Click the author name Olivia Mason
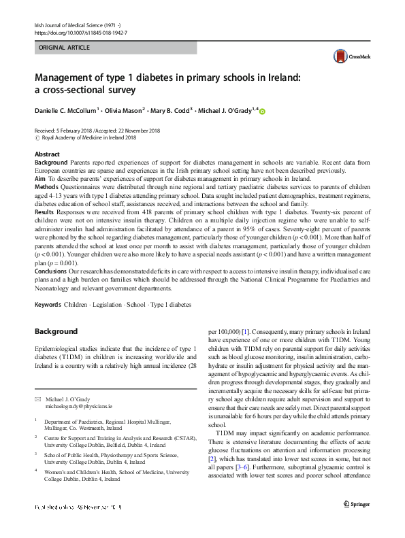pos(127,110)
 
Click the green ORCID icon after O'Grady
pos(261,110)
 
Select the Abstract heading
pos(47,155)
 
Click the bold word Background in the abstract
pos(51,163)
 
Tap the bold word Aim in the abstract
pos(41,178)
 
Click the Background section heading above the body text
pos(57,331)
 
